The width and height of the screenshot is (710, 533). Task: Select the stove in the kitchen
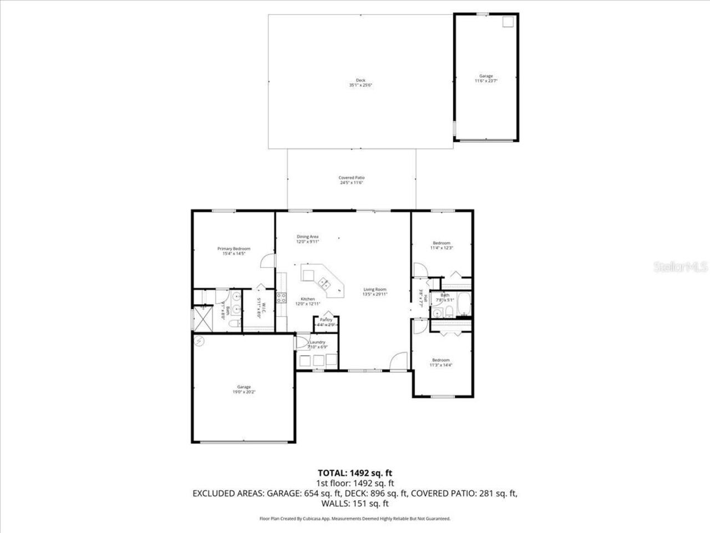pos(281,297)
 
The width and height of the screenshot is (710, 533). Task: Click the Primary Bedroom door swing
pos(268,261)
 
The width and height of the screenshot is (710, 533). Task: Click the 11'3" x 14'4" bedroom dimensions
pos(441,365)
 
